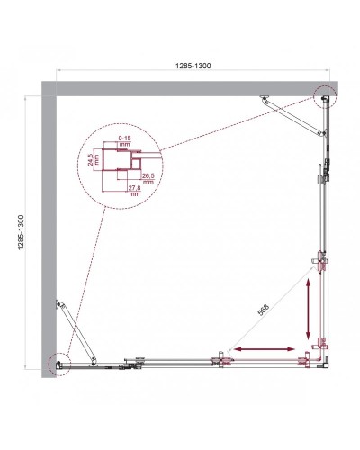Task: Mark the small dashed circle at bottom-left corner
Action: [58, 363]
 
